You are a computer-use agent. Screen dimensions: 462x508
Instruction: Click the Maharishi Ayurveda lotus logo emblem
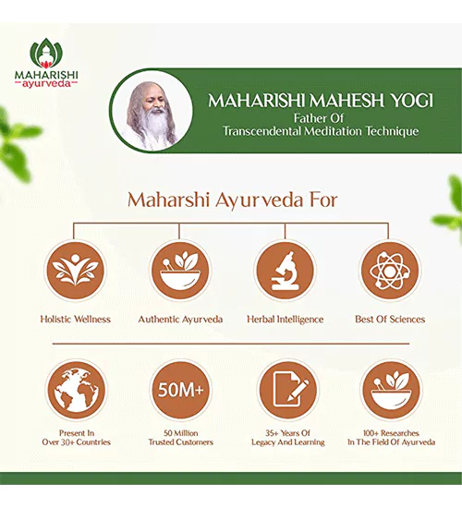coord(46,54)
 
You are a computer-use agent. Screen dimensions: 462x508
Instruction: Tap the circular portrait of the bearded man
coord(152,111)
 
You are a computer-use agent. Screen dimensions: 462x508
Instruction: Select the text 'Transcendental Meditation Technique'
coord(321,131)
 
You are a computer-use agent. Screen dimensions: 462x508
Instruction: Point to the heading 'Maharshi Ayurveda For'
coord(233,200)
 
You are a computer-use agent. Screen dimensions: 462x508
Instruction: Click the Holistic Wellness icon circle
coord(75,271)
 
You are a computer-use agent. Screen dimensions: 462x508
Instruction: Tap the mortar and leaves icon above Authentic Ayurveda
coord(180,271)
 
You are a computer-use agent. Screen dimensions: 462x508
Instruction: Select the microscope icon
coord(285,271)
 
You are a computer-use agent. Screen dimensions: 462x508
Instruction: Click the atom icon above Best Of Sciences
coord(390,271)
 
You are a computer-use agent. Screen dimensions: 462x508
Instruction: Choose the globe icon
coord(76,390)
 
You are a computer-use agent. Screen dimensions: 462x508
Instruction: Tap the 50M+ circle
coord(180,390)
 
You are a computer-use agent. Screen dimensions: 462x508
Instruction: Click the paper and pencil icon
coord(288,390)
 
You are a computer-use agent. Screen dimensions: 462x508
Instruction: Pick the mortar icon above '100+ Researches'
coord(391,390)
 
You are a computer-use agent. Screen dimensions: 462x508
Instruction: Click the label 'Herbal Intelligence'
coord(286,320)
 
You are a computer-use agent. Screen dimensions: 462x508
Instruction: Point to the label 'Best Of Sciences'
coord(390,320)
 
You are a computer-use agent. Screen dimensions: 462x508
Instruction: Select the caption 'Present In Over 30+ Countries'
coord(76,438)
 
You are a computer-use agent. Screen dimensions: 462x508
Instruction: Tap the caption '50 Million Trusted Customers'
coord(180,438)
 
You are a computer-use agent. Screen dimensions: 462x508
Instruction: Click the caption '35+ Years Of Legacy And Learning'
coord(288,438)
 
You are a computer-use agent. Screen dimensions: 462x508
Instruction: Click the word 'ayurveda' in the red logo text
coord(46,83)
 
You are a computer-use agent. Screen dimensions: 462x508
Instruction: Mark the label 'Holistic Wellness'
coord(76,320)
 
